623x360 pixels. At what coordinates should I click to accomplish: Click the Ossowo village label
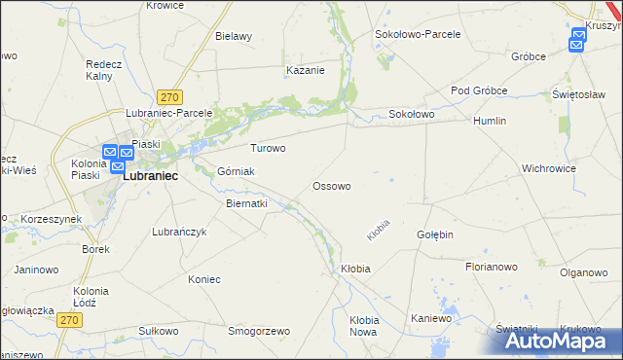point(331,185)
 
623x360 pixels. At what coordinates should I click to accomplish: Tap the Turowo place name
point(269,149)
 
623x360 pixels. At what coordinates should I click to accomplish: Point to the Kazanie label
point(305,70)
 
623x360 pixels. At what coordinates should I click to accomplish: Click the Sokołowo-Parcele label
point(418,33)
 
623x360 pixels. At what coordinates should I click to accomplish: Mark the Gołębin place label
point(436,235)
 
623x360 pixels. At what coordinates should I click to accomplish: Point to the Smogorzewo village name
point(259,331)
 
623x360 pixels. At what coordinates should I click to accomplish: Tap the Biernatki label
point(246,204)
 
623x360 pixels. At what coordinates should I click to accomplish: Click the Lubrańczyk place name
point(181,232)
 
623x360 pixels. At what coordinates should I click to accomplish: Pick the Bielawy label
point(234,36)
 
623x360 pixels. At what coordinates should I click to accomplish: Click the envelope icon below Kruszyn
point(578,41)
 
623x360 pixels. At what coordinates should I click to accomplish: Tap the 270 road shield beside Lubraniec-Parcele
point(170,96)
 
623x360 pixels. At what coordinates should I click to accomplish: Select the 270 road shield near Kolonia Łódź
point(67,319)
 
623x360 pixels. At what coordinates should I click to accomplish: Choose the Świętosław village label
point(574,94)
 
